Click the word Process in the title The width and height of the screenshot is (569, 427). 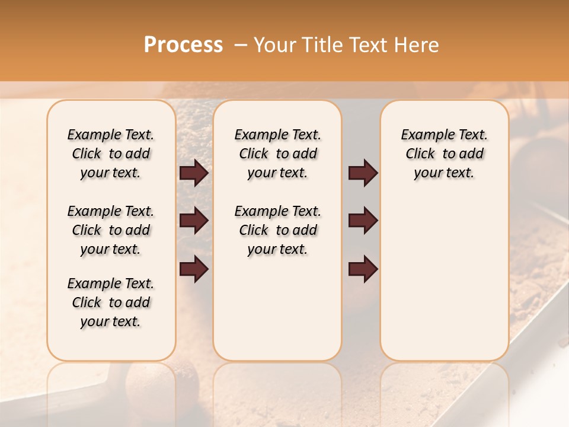click(183, 45)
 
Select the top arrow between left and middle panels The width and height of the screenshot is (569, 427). click(194, 173)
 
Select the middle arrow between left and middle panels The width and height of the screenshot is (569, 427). click(194, 221)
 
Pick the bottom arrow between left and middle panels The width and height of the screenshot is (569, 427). click(194, 269)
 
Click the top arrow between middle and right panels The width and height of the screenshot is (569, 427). click(363, 173)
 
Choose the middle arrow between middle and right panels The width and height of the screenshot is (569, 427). click(363, 221)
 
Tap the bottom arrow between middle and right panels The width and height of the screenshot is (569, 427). click(363, 269)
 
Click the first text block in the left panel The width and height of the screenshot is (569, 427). click(111, 154)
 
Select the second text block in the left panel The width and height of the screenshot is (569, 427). click(111, 230)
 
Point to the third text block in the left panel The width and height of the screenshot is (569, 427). click(111, 302)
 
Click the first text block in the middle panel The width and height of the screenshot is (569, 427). click(277, 154)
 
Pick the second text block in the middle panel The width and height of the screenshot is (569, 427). click(277, 230)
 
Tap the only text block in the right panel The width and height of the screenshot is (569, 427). click(444, 154)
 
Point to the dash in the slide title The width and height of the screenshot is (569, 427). click(241, 45)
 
